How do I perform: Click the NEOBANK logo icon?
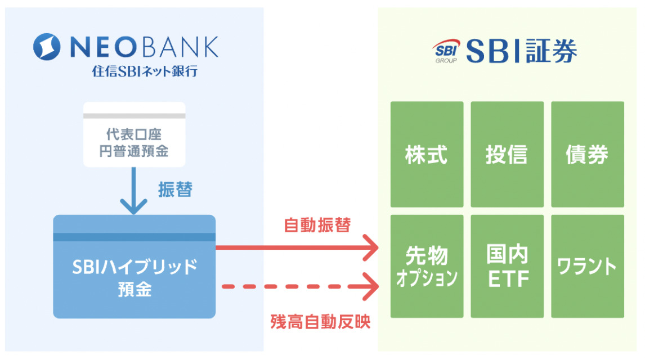tap(47, 47)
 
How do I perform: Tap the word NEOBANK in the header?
tap(143, 47)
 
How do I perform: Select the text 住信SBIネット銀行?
tap(145, 72)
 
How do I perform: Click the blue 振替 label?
tap(175, 190)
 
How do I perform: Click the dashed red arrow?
tap(298, 287)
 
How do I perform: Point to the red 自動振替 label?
tap(317, 226)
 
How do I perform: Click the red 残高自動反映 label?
tap(321, 322)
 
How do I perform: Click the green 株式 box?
tap(427, 155)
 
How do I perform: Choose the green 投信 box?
tap(507, 155)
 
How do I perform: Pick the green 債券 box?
tap(587, 155)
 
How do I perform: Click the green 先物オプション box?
tap(427, 266)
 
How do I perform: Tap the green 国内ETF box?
tap(507, 266)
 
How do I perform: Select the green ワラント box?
tap(587, 266)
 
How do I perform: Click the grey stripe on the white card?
tap(135, 116)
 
